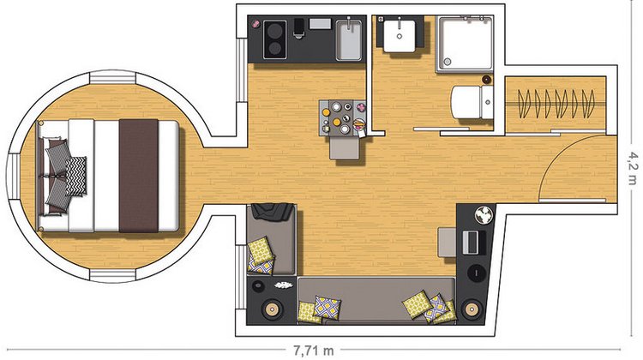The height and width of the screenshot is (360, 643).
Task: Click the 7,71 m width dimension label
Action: point(313,351)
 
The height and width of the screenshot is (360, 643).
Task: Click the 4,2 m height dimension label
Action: point(634,168)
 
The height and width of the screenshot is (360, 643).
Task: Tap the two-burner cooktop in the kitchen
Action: point(274,39)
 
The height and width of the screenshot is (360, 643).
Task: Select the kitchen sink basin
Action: point(349,40)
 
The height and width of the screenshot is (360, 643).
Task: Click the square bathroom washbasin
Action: point(400,36)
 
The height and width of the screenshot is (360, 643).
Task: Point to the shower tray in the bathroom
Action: point(465,45)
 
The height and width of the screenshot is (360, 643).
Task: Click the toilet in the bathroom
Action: point(472,102)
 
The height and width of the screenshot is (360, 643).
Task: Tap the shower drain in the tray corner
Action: point(448,62)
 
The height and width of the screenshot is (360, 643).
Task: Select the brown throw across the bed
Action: point(139,176)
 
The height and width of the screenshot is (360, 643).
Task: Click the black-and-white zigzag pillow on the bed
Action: point(75,177)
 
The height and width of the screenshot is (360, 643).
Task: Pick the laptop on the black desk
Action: point(474,242)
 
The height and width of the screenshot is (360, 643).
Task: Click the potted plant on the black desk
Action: point(484,215)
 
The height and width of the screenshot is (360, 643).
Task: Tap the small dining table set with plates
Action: point(343,117)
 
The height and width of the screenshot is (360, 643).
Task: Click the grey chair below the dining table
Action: point(345,148)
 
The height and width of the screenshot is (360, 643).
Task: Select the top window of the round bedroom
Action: point(112,77)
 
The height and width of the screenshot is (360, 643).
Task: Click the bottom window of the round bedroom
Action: point(112,276)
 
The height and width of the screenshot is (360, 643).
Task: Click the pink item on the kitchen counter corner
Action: point(255,24)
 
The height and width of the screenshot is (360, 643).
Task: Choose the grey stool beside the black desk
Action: point(447,243)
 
